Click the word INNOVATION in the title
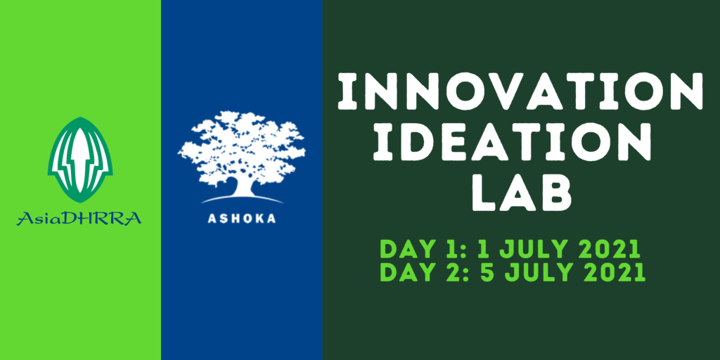[x=520, y=91]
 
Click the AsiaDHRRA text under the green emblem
[x=79, y=219]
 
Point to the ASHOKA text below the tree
[x=242, y=219]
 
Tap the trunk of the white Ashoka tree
[x=243, y=186]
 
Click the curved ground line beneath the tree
[x=242, y=199]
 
